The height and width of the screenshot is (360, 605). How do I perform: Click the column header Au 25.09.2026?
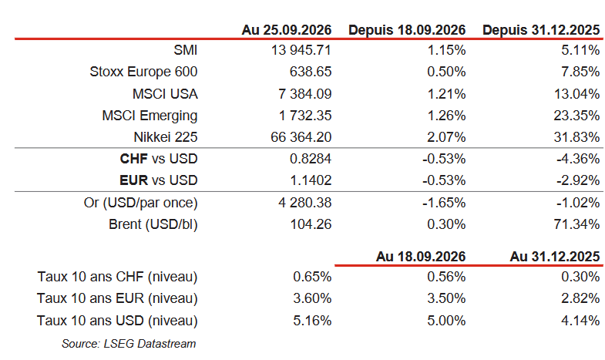(x=287, y=30)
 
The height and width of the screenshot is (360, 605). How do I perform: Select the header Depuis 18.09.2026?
(x=407, y=30)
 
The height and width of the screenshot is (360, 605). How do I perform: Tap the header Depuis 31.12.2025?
(x=541, y=30)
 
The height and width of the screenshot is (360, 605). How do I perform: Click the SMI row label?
(x=186, y=50)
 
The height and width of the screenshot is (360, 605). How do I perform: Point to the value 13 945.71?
(x=301, y=50)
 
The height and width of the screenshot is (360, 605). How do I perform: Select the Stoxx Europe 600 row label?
(x=143, y=72)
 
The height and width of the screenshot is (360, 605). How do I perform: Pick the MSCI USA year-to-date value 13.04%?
(x=576, y=94)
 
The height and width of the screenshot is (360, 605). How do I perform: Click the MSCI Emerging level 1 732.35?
(x=305, y=116)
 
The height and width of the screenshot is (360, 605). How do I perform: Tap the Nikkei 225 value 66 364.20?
(x=301, y=137)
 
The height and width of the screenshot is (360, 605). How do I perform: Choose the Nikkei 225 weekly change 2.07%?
(x=446, y=137)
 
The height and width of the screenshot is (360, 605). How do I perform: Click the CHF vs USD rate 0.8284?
(x=311, y=159)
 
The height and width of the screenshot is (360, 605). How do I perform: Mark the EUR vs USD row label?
(x=159, y=180)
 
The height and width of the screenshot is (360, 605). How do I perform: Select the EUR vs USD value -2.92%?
(x=578, y=180)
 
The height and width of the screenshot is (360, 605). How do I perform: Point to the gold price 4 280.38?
(x=305, y=203)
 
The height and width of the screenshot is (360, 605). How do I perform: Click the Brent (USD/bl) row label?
(x=153, y=224)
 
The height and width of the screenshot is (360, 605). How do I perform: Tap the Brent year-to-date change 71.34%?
(x=576, y=224)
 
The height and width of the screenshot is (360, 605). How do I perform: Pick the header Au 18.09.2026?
(x=421, y=257)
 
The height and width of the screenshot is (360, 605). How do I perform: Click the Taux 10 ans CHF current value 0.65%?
(x=312, y=277)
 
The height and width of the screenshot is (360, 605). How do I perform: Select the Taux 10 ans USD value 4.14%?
(x=580, y=321)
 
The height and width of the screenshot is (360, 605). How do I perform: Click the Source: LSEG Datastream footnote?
(x=129, y=344)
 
